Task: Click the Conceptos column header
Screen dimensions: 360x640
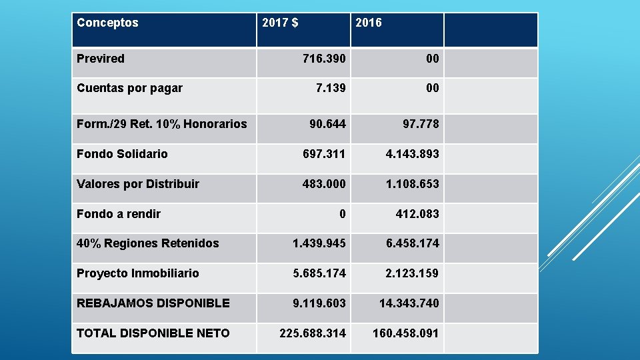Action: pyautogui.click(x=108, y=23)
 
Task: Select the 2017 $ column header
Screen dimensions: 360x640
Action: pyautogui.click(x=280, y=23)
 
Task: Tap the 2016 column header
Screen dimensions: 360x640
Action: pyautogui.click(x=369, y=23)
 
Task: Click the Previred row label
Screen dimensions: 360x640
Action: pyautogui.click(x=101, y=59)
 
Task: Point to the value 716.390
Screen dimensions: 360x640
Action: pyautogui.click(x=324, y=59)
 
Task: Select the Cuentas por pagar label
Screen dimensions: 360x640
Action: pyautogui.click(x=129, y=88)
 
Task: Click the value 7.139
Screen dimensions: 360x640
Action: pyautogui.click(x=330, y=88)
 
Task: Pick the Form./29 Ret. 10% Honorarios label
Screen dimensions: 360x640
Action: pyautogui.click(x=162, y=124)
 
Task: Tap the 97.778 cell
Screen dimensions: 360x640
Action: pyautogui.click(x=421, y=124)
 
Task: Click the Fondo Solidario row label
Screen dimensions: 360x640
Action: pyautogui.click(x=122, y=154)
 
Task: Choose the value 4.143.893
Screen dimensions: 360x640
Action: pyautogui.click(x=412, y=154)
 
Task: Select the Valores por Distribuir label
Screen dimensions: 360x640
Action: pyautogui.click(x=138, y=184)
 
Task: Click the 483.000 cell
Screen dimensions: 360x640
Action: pyautogui.click(x=324, y=184)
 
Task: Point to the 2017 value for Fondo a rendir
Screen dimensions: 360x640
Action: pyautogui.click(x=342, y=214)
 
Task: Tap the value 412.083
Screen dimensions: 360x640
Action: pyautogui.click(x=417, y=214)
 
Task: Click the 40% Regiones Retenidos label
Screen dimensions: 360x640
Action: pyautogui.click(x=147, y=243)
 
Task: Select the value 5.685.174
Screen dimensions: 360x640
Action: pyautogui.click(x=319, y=273)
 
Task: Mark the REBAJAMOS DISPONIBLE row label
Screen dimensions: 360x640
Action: pyautogui.click(x=153, y=303)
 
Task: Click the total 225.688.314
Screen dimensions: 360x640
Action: pyautogui.click(x=313, y=333)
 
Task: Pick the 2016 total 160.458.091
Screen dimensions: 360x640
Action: pyautogui.click(x=405, y=333)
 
